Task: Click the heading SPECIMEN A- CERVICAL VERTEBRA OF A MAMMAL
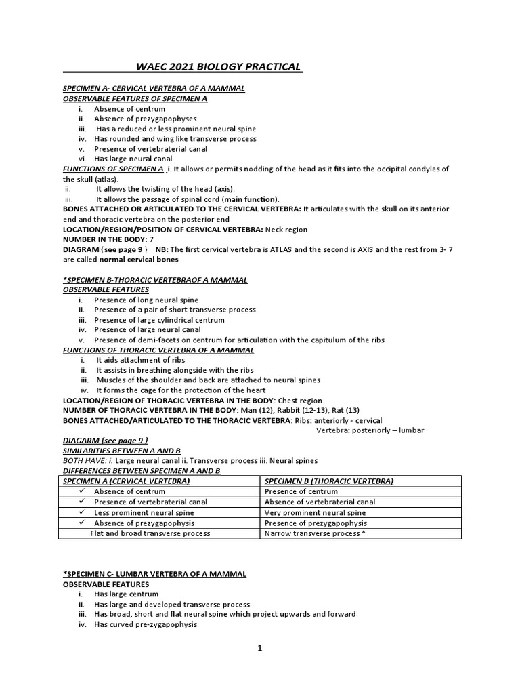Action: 154,89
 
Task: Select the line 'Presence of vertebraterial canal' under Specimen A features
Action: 150,148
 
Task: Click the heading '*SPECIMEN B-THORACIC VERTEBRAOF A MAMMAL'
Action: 155,280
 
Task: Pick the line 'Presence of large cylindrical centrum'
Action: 159,320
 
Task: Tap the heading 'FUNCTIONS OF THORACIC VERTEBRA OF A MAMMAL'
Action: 158,350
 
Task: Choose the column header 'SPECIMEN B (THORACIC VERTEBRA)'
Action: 329,481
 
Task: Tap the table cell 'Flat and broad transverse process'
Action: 150,533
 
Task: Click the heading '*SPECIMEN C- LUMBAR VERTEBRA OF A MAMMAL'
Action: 154,574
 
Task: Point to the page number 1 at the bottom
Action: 259,648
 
